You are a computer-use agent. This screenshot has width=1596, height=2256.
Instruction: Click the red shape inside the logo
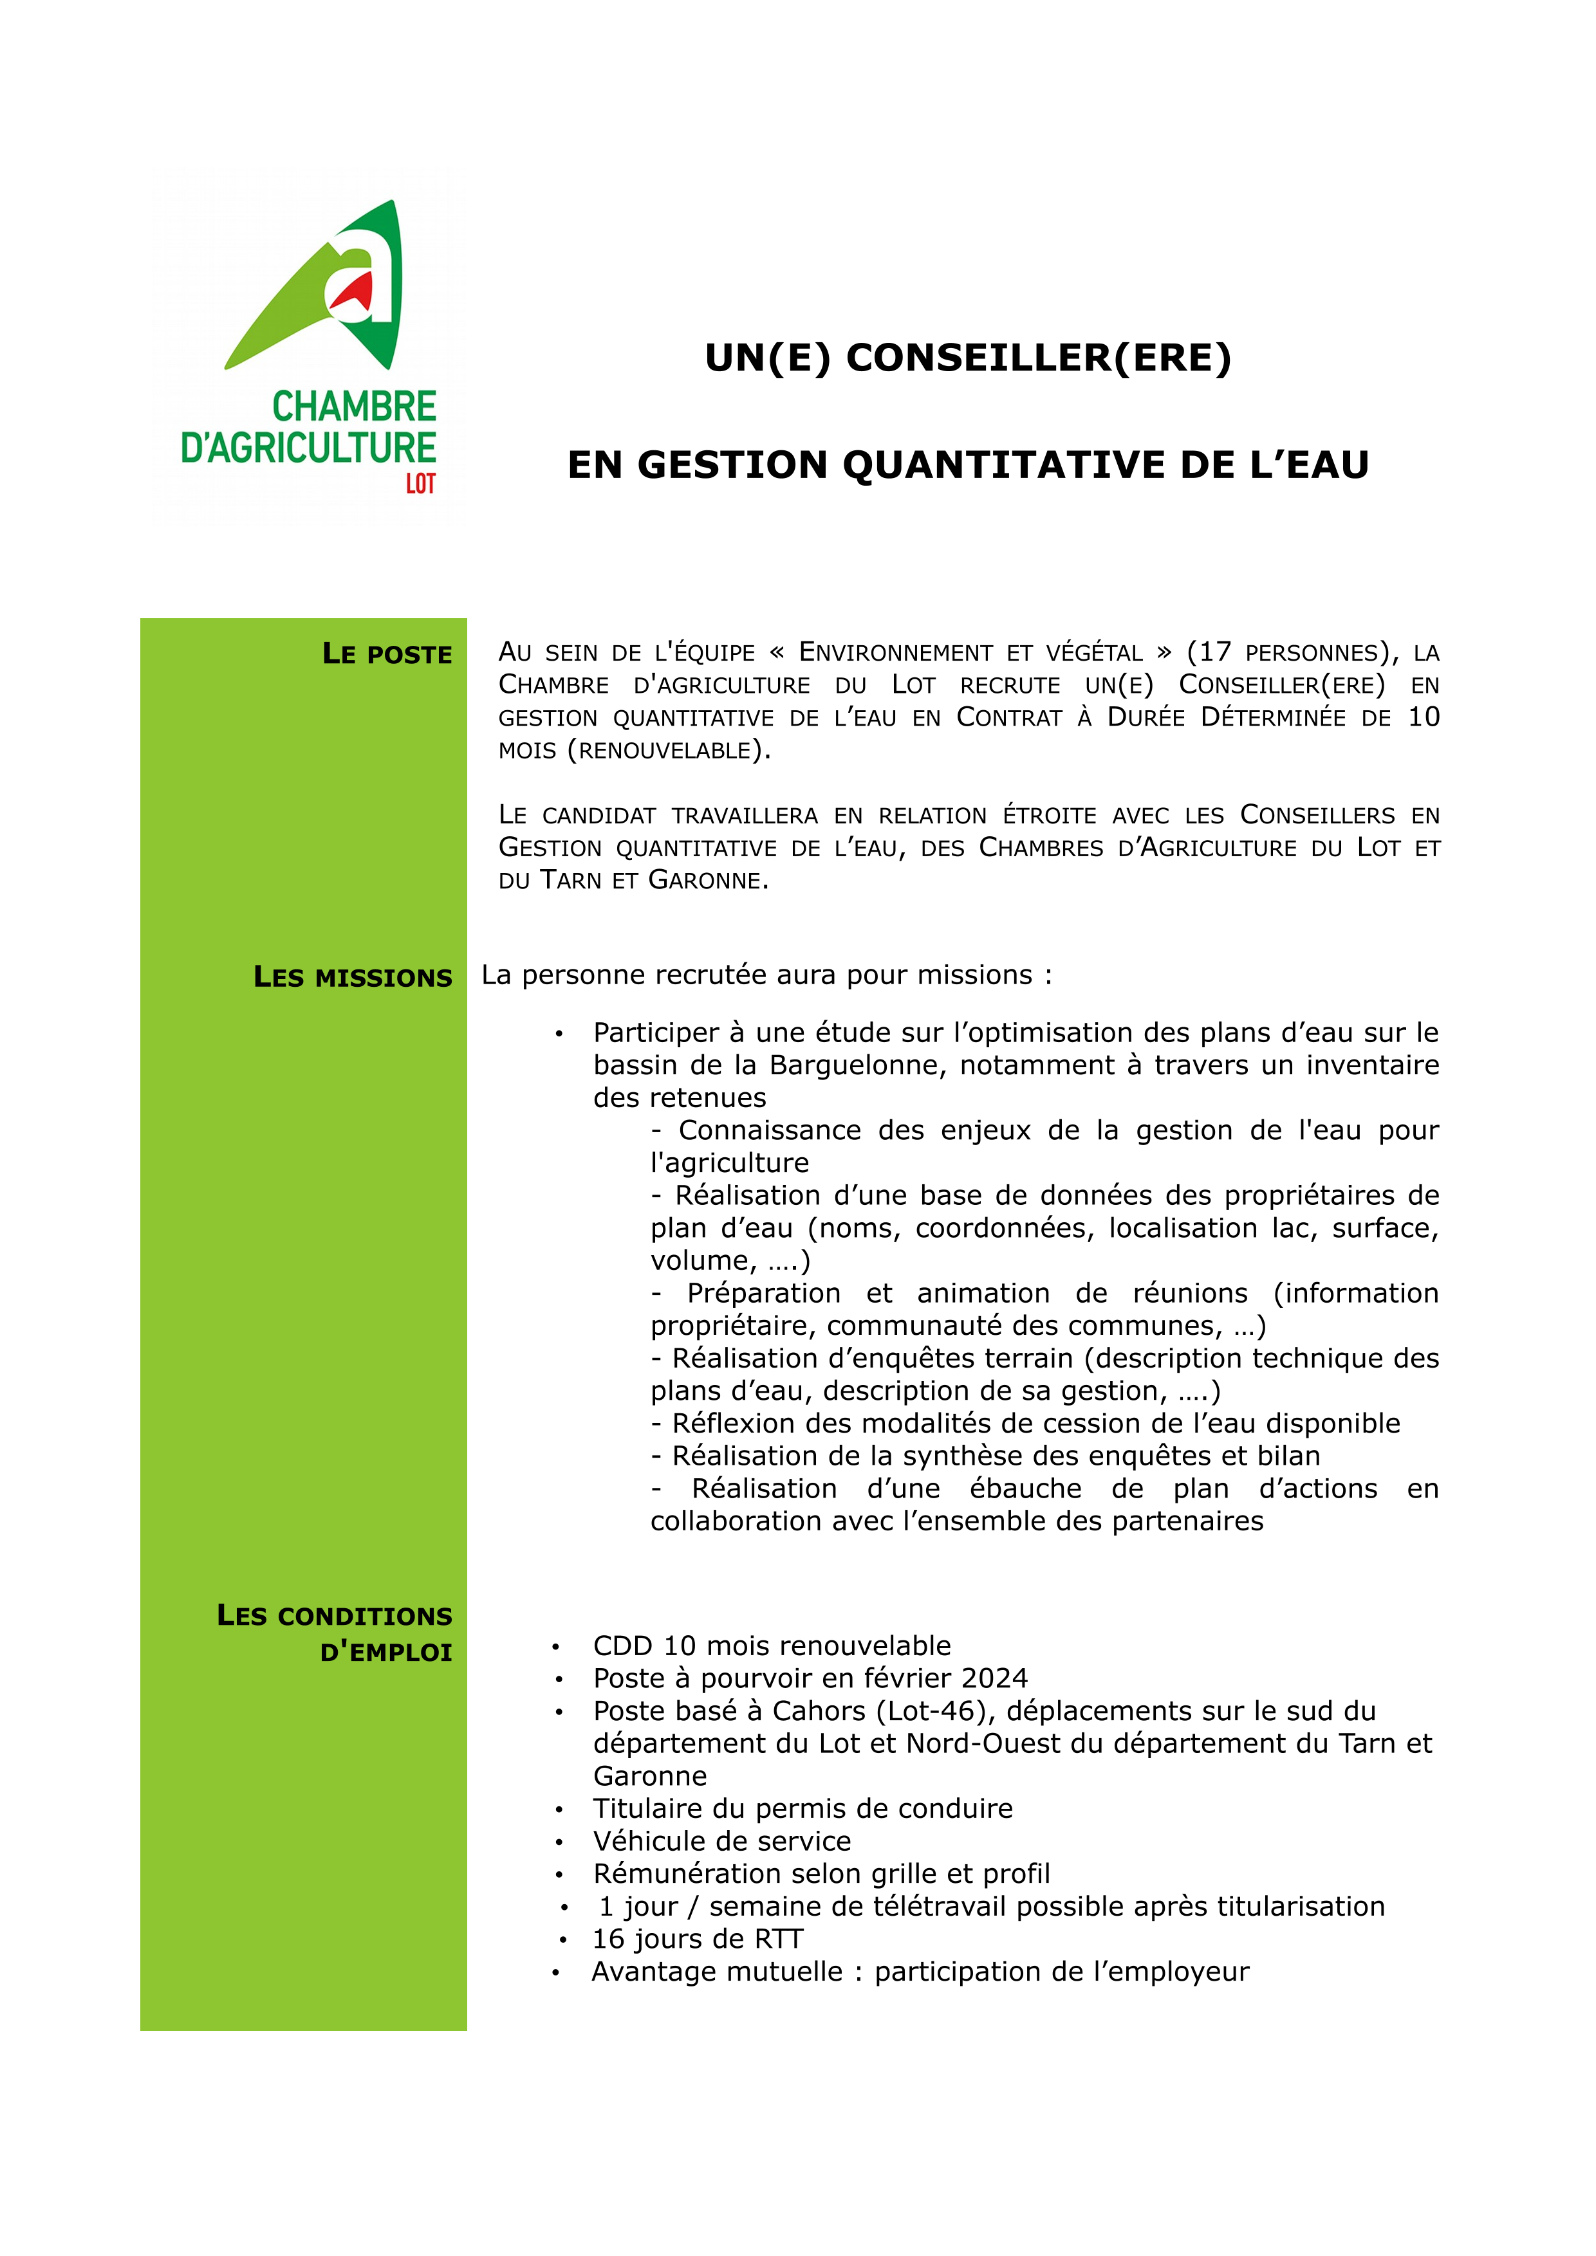click(x=355, y=292)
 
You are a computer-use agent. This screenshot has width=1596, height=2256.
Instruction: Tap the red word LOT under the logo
click(x=421, y=484)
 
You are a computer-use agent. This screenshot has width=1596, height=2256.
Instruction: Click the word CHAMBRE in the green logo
click(x=354, y=407)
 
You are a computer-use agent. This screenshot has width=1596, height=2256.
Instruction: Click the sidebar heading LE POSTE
click(x=387, y=654)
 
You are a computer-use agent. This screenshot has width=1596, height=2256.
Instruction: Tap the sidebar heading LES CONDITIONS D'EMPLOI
click(x=335, y=1634)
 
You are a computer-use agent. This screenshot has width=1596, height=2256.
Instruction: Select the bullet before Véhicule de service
click(x=558, y=1842)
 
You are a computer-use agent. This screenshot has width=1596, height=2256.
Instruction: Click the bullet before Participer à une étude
click(x=558, y=1034)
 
